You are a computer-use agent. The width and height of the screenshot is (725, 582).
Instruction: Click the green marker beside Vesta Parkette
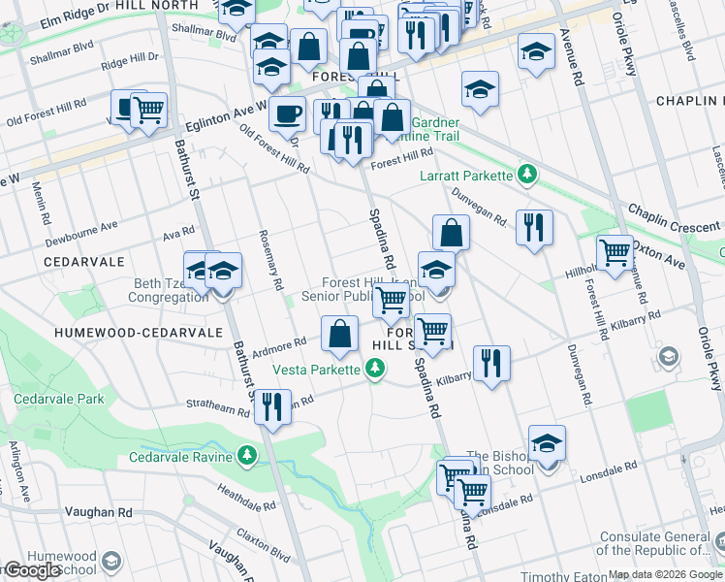(374, 369)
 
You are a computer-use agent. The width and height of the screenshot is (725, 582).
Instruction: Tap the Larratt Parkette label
(464, 176)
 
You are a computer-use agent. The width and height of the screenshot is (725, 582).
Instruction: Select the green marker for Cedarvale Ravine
(249, 456)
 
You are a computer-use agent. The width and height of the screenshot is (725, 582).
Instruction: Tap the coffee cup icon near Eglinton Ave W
(286, 113)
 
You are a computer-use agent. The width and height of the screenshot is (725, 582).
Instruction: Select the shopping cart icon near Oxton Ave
(615, 251)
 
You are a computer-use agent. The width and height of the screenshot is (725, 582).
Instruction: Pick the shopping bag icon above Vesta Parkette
(339, 334)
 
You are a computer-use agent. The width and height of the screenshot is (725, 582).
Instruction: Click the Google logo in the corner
(32, 570)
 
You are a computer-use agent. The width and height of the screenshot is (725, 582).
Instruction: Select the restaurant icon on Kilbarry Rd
(492, 363)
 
